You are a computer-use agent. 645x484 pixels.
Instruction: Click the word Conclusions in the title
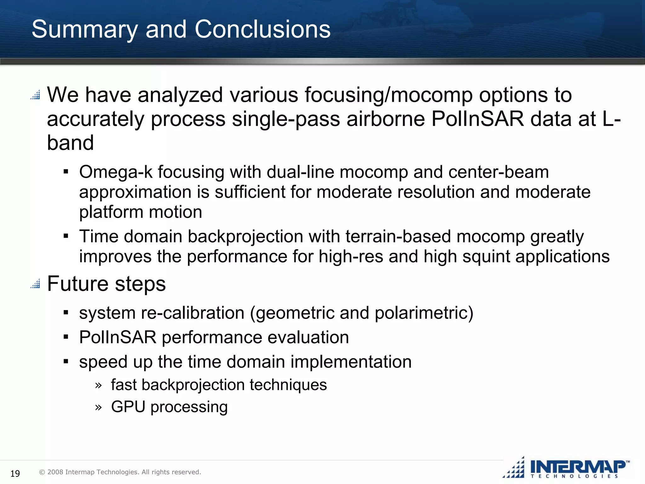(x=262, y=29)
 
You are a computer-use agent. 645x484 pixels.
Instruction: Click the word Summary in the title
(x=85, y=29)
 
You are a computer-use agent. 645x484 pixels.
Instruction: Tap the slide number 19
(x=15, y=473)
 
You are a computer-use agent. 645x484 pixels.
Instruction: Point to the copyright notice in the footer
(x=120, y=472)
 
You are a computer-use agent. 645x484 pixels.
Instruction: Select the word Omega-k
(x=116, y=172)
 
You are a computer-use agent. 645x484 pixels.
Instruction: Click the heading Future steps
(x=106, y=284)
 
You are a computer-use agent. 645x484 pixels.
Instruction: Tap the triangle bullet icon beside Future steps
(x=35, y=284)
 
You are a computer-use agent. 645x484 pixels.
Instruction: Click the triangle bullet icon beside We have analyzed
(x=35, y=95)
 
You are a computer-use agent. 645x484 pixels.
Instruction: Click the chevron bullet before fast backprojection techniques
(x=98, y=385)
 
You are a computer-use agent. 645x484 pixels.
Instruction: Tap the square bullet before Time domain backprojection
(x=66, y=236)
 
